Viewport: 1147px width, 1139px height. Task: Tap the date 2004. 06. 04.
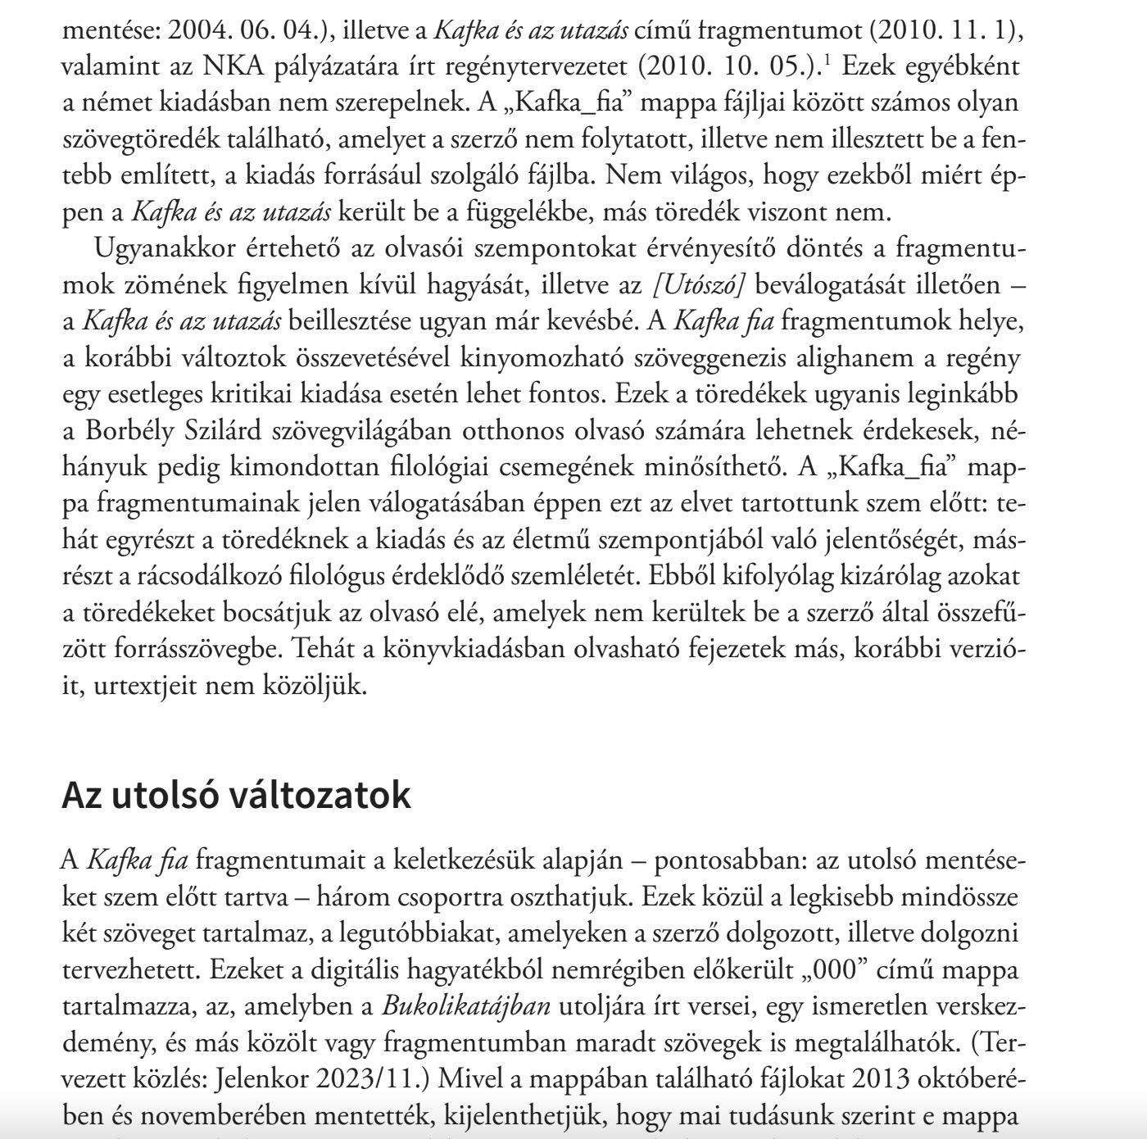[244, 31]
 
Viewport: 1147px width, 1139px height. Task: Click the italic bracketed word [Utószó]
[699, 285]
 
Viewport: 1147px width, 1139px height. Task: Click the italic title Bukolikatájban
[466, 1005]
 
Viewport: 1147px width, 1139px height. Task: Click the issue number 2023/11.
[374, 1078]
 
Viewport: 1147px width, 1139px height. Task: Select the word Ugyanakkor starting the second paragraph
[165, 247]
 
